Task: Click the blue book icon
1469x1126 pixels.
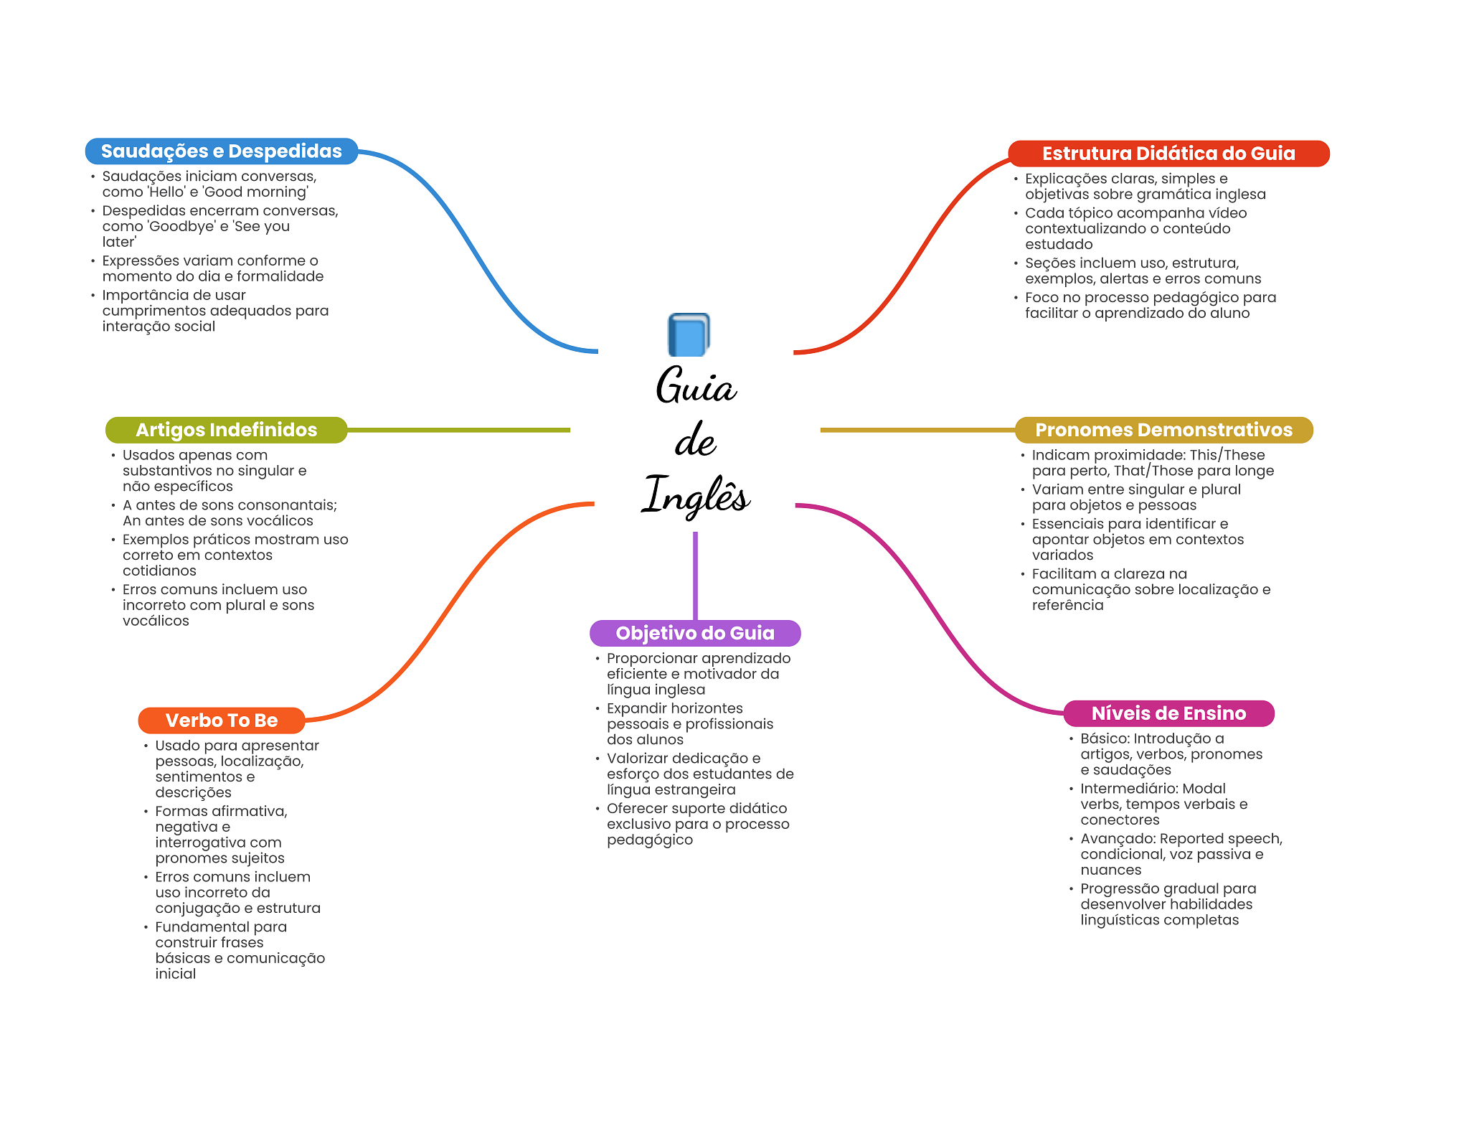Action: coord(689,334)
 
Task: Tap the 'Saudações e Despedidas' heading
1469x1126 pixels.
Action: coord(221,151)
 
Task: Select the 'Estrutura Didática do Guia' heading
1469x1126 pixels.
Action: coord(1168,154)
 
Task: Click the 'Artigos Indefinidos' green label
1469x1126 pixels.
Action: coord(226,430)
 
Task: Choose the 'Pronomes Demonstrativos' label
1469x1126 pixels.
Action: coord(1163,430)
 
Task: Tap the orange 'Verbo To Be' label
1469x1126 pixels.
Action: coord(222,721)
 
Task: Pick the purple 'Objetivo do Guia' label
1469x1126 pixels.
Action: coord(695,633)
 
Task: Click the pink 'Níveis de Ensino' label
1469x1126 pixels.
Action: coord(1168,713)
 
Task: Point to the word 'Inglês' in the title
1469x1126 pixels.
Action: coord(695,495)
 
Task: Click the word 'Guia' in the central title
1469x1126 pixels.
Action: coord(696,385)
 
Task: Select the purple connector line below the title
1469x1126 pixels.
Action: coord(695,576)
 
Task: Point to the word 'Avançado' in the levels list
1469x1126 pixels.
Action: coord(1118,840)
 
